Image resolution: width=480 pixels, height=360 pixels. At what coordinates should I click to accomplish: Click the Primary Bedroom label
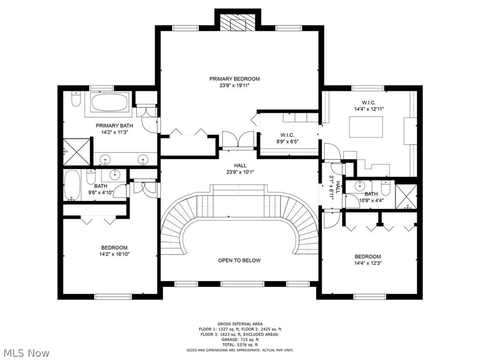(x=234, y=79)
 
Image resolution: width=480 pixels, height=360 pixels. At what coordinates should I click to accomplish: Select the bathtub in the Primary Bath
(x=110, y=103)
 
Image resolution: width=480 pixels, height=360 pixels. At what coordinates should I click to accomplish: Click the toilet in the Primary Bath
(x=75, y=98)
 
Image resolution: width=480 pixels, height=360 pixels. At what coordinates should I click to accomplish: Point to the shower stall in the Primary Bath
(x=76, y=152)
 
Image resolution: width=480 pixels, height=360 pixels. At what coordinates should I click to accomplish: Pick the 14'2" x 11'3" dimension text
(x=114, y=132)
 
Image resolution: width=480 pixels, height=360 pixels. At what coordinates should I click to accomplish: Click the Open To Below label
(x=240, y=261)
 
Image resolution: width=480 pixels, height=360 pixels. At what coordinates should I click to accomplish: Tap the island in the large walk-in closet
(x=367, y=127)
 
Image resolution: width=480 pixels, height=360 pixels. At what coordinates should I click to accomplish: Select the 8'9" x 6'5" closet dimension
(x=287, y=142)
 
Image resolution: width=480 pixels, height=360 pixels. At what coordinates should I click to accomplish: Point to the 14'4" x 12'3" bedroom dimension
(x=368, y=263)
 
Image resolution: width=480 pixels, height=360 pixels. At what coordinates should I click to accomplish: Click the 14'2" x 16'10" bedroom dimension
(x=114, y=254)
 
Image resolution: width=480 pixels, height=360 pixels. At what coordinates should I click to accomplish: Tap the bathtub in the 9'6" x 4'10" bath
(x=72, y=185)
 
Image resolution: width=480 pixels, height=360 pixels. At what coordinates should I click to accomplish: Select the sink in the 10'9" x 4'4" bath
(x=359, y=185)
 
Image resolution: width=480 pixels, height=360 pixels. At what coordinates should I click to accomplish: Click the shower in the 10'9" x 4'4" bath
(x=406, y=196)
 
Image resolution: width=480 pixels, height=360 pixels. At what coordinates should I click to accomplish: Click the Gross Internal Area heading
(x=240, y=324)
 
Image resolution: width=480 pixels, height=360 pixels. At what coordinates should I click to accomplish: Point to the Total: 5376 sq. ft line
(x=240, y=345)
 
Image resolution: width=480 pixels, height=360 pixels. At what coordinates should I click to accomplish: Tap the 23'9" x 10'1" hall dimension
(x=240, y=172)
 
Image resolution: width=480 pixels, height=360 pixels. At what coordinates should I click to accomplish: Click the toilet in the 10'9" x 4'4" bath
(x=386, y=187)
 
